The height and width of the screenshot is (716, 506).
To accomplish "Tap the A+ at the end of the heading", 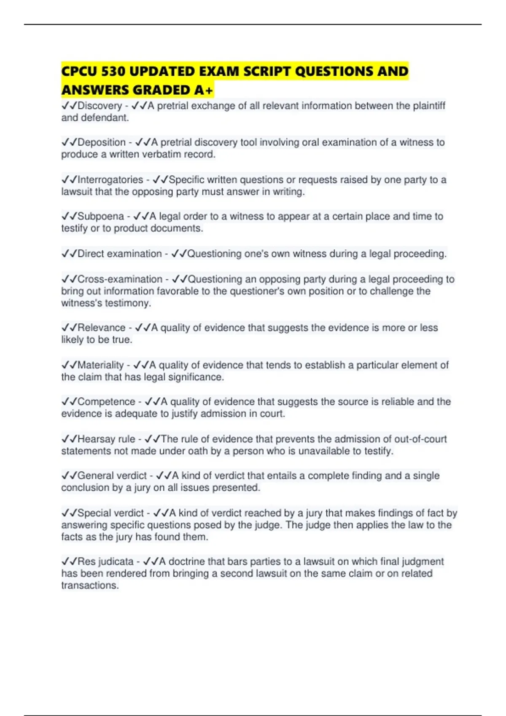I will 204,90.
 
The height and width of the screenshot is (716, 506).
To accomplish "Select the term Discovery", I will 100,106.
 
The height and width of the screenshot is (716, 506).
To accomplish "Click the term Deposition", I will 101,142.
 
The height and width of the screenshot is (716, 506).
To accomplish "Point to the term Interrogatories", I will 110,180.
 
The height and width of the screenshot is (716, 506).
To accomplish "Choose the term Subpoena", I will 100,216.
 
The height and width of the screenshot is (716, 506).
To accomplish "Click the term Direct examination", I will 119,254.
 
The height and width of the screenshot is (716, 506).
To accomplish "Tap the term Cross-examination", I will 120,279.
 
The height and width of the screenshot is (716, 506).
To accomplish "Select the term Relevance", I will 101,328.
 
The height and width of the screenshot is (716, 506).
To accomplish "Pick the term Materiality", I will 100,365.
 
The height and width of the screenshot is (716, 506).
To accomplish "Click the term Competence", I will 106,402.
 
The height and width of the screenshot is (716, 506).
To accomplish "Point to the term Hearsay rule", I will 106,439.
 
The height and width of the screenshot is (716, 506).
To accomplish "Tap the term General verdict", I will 112,476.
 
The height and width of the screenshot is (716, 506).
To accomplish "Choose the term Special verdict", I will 110,513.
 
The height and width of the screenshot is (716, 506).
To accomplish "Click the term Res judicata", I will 105,562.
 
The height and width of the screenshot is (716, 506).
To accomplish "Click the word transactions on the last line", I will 89,585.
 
